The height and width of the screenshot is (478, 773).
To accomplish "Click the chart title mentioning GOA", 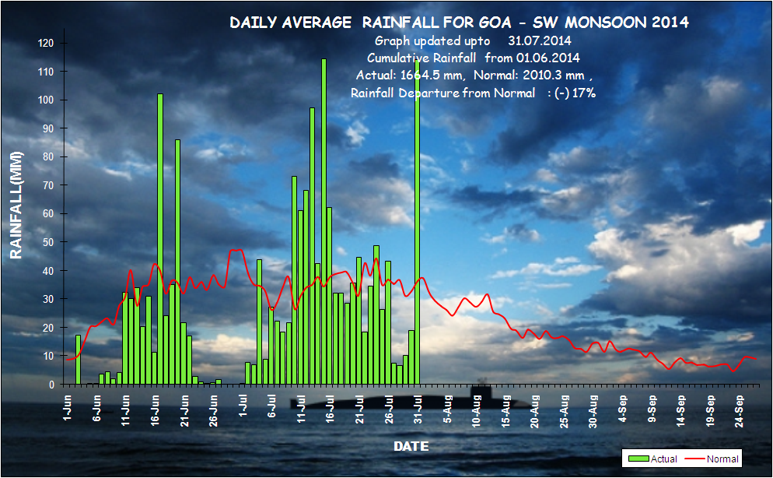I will click(x=459, y=23).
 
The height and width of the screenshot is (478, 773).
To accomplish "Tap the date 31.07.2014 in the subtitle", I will click(x=539, y=40).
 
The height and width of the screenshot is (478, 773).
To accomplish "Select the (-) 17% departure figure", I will click(x=575, y=93).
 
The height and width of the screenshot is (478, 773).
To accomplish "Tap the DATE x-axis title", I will click(x=411, y=446).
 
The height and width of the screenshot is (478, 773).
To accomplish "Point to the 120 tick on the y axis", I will click(x=46, y=43).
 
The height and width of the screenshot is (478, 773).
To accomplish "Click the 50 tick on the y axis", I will click(x=49, y=242).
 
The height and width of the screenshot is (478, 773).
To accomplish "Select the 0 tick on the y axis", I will click(x=51, y=385).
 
